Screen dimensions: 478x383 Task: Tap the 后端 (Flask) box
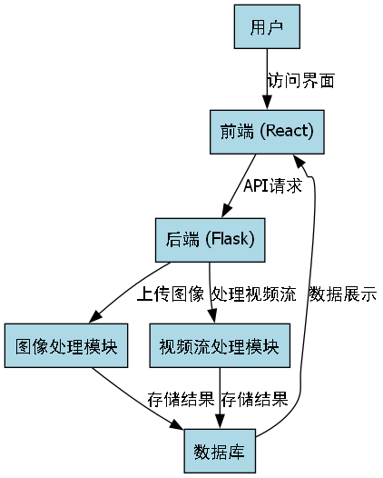point(210,239)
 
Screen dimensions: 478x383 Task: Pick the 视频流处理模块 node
point(219,346)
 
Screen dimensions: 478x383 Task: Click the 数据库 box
point(220,451)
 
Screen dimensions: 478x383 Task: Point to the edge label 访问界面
point(301,80)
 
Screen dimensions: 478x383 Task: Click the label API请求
point(272,185)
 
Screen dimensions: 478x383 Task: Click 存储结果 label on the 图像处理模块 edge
point(181,399)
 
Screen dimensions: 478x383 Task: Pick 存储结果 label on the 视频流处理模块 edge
point(254,399)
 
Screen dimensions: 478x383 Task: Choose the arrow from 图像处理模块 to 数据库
point(136,395)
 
